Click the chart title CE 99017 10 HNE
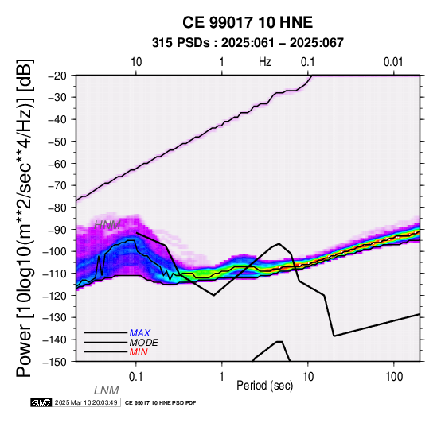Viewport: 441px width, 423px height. point(248,22)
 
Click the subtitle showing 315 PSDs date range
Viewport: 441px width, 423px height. point(248,43)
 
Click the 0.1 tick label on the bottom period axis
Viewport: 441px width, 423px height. point(136,377)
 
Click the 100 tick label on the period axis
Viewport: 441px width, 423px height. point(394,377)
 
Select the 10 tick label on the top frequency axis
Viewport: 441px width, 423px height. point(136,62)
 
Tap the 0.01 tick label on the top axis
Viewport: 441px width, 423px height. point(394,62)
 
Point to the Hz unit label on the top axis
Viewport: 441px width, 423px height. point(265,62)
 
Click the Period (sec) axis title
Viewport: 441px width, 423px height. point(264,386)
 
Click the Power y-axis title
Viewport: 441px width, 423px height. point(24,218)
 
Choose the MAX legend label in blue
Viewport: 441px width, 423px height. point(139,333)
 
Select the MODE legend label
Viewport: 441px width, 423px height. point(143,343)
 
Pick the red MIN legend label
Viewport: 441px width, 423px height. point(139,352)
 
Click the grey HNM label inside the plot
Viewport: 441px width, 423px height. point(107,225)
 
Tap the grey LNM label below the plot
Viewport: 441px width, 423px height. point(107,390)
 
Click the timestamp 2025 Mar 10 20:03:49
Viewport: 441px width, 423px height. point(86,402)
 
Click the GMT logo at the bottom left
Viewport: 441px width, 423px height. point(41,402)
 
